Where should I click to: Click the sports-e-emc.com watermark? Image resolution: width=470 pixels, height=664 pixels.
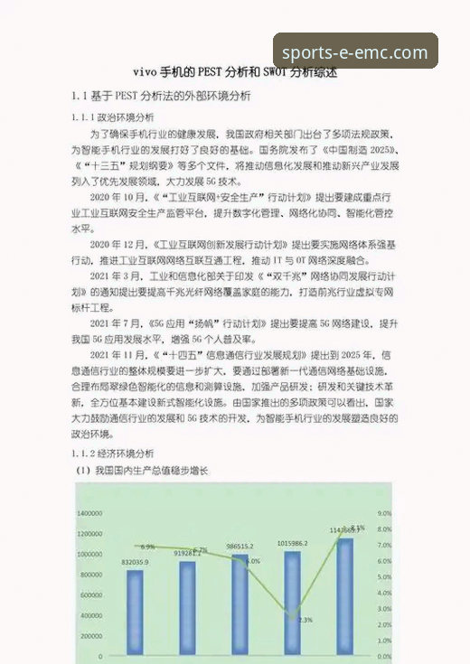[x=355, y=51]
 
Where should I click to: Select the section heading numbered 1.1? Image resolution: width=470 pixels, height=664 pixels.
[x=161, y=96]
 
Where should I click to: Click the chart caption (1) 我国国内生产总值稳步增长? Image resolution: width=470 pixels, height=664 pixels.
[x=141, y=471]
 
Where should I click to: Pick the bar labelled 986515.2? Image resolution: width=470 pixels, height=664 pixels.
[x=240, y=605]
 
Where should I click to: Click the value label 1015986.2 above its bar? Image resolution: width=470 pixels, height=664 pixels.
[x=291, y=542]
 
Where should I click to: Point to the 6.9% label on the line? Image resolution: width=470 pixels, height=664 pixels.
[x=147, y=547]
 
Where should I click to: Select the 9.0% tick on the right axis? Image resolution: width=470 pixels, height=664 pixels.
[x=383, y=512]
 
